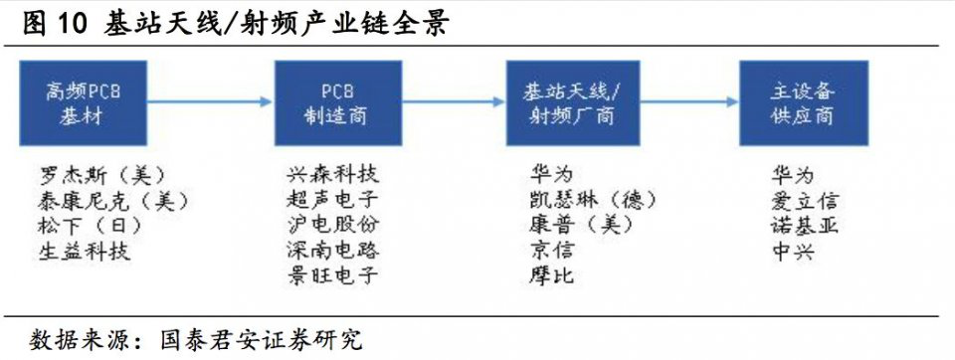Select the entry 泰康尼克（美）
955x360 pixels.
click(110, 201)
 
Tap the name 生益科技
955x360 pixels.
click(85, 251)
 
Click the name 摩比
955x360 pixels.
click(551, 275)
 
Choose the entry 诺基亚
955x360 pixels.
click(804, 226)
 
